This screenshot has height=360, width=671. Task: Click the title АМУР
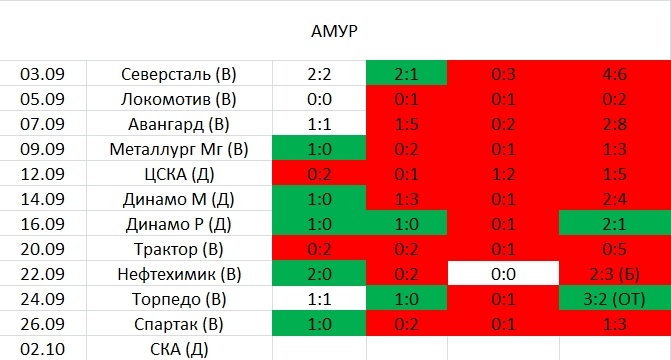[335, 30]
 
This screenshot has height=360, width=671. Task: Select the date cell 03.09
[42, 74]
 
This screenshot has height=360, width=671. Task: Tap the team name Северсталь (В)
[179, 74]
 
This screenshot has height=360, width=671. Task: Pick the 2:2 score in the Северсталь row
[319, 74]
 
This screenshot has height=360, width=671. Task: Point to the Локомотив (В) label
[179, 99]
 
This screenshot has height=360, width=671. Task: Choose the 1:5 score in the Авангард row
[407, 124]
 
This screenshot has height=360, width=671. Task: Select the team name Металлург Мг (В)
[179, 149]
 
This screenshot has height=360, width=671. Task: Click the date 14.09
[42, 199]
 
